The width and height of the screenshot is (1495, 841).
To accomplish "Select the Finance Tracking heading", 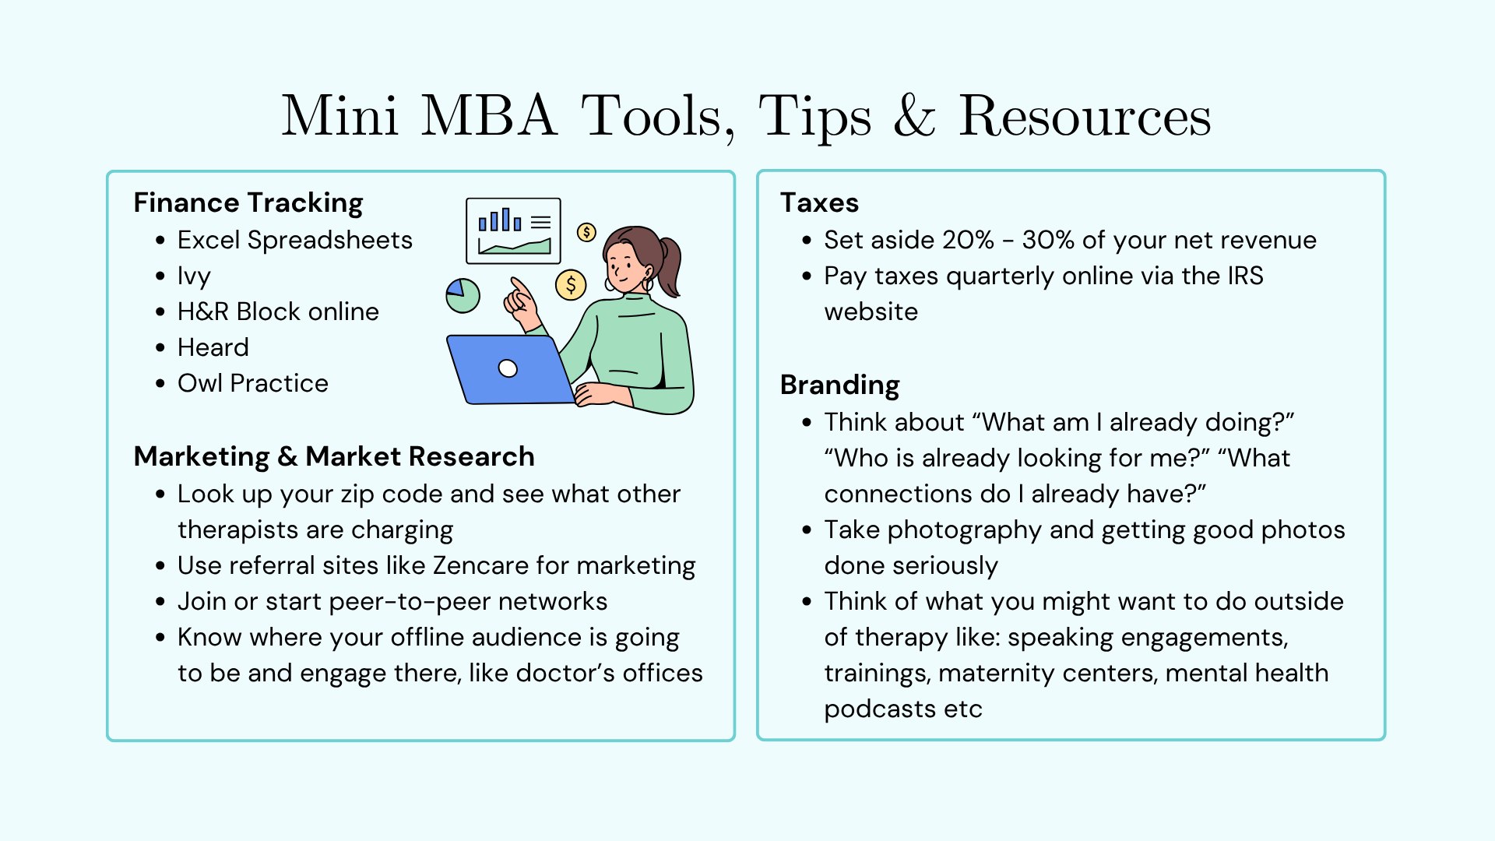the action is pos(248,203).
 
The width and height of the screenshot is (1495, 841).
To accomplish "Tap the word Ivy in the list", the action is pos(194,276).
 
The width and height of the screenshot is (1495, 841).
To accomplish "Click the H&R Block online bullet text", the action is pos(278,311).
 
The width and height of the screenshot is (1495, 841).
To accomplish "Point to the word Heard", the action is pos(213,347).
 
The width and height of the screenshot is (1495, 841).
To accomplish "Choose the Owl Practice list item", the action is pos(253,383).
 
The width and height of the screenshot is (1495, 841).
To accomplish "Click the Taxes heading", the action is pos(819,203).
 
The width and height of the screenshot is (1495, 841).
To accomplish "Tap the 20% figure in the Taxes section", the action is pos(968,240).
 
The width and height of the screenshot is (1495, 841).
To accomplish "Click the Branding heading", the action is pos(840,385).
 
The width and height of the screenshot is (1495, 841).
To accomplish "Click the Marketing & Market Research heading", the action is pos(334,456).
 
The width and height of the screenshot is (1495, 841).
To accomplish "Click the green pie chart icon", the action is pos(463,296).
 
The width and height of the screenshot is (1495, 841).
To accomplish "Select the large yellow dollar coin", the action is pos(571,285).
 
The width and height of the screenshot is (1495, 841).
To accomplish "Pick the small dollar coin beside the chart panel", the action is pos(586,232).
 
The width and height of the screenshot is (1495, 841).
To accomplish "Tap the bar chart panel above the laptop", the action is pos(513,230).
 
